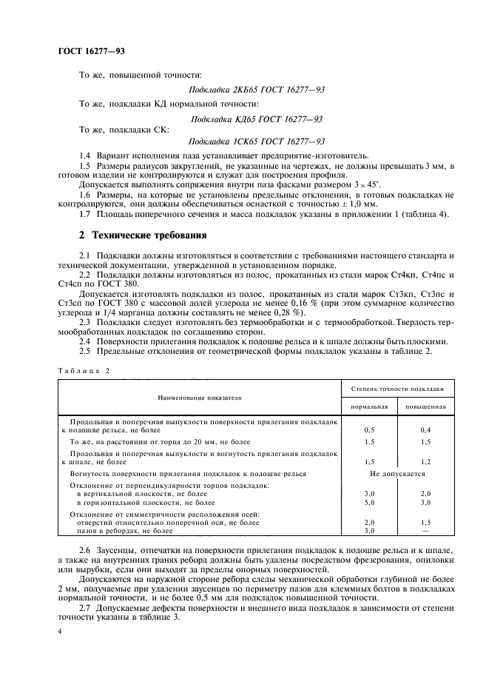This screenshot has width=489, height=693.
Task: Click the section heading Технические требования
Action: pyautogui.click(x=144, y=235)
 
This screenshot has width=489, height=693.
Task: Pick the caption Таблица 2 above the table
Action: pyautogui.click(x=82, y=369)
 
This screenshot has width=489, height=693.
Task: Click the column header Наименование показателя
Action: pyautogui.click(x=199, y=398)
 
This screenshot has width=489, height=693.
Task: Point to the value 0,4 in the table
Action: pyautogui.click(x=425, y=429)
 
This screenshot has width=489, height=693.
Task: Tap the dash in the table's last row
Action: pyautogui.click(x=425, y=531)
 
